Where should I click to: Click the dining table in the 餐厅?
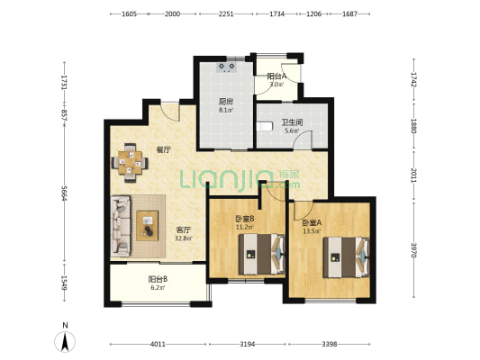click(130, 162)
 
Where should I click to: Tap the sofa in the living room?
click(121, 226)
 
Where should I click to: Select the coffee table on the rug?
click(148, 226)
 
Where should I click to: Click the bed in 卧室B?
click(262, 254)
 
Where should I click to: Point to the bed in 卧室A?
click(346, 257)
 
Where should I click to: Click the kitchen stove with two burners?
click(227, 67)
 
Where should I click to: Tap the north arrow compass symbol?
click(65, 341)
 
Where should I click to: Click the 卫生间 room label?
click(292, 122)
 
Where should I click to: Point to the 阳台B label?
click(158, 279)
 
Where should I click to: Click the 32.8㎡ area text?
click(184, 238)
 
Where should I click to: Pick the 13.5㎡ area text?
click(312, 231)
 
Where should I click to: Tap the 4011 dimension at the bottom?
click(158, 345)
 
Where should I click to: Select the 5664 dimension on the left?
click(64, 193)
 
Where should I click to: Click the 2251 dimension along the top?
click(226, 13)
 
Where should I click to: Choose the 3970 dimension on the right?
click(413, 250)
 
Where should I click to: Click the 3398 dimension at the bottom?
click(330, 345)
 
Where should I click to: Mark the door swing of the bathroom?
click(303, 139)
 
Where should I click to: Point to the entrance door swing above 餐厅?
click(169, 112)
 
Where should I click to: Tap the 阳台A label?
click(276, 76)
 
